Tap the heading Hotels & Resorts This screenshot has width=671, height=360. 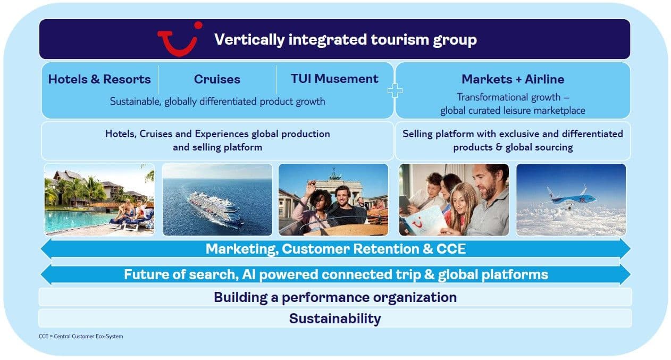click(x=99, y=79)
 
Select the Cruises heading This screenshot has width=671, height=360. click(x=217, y=79)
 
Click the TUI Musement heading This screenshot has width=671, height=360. click(x=334, y=79)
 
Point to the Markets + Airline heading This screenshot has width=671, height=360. click(x=513, y=79)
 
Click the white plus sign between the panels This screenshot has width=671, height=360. click(x=395, y=90)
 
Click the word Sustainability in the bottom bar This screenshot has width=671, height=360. click(x=335, y=319)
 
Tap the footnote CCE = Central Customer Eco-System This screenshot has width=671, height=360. click(x=81, y=337)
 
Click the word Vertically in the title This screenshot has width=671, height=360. click(x=249, y=40)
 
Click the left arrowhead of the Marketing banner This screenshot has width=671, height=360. click(x=46, y=249)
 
